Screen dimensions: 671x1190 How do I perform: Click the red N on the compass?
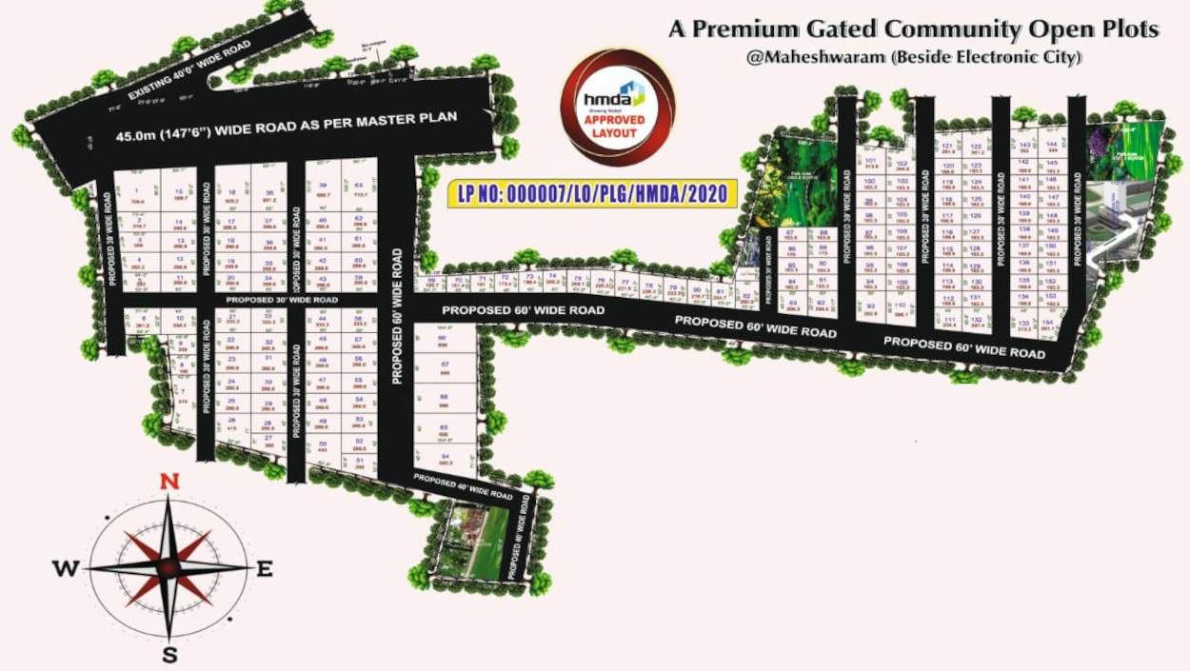pyautogui.click(x=169, y=482)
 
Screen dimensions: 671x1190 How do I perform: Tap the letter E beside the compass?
pyautogui.click(x=265, y=569)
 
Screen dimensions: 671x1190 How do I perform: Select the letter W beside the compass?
pyautogui.click(x=66, y=569)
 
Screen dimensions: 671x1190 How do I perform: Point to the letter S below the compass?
pyautogui.click(x=169, y=655)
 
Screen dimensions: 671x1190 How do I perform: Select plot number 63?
pyautogui.click(x=358, y=186)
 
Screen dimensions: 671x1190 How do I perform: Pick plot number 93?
pyautogui.click(x=868, y=306)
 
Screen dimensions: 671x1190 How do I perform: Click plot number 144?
pyautogui.click(x=1052, y=145)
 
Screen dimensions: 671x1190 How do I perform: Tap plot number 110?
pyautogui.click(x=900, y=306)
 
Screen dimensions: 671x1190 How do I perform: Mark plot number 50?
pyautogui.click(x=323, y=444)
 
